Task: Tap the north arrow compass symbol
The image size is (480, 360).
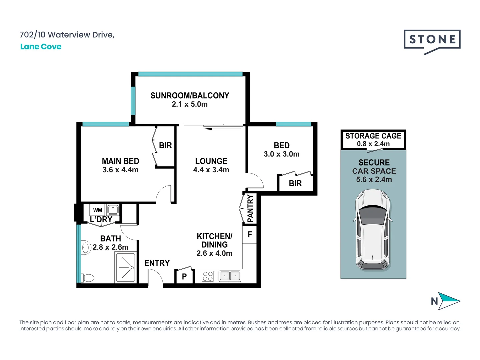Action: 446,301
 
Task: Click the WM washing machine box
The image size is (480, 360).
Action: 97,210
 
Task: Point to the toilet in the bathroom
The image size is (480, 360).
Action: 87,278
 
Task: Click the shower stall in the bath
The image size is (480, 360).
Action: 126,267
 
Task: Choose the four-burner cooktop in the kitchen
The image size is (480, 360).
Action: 208,276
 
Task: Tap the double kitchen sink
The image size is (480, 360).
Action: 230,276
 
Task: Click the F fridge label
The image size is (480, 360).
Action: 250,234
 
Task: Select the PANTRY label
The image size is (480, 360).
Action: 250,209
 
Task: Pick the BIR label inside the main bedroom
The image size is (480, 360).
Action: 165,145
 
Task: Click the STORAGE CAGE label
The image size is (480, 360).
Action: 373,136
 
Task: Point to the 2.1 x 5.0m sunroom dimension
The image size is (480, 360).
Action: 190,104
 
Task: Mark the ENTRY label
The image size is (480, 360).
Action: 157,263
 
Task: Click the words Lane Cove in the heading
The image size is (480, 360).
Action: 41,47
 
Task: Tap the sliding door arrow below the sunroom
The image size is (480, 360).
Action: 222,129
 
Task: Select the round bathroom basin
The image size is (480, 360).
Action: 86,248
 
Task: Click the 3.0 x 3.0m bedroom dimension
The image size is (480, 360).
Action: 281,154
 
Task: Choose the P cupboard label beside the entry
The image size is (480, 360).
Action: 184,277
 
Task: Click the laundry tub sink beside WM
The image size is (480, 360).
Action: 113,210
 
